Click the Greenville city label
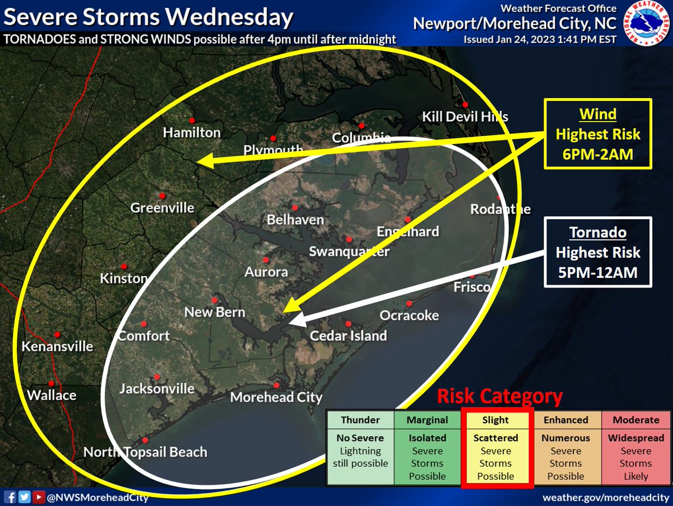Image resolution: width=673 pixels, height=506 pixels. pyautogui.click(x=162, y=208)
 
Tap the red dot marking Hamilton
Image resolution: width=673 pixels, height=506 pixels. pyautogui.click(x=191, y=120)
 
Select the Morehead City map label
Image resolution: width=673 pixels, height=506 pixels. pyautogui.click(x=276, y=397)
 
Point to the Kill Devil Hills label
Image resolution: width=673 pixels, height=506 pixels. pyautogui.click(x=465, y=117)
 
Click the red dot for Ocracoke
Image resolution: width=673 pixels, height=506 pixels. pyautogui.click(x=409, y=303)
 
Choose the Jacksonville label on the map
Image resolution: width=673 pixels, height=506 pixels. pyautogui.click(x=157, y=388)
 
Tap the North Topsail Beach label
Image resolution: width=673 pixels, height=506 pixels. pyautogui.click(x=145, y=452)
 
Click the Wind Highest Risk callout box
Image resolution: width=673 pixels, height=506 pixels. pyautogui.click(x=597, y=134)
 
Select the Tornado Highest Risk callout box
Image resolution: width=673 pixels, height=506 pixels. pyautogui.click(x=597, y=252)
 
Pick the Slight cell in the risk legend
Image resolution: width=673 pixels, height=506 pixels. pyautogui.click(x=496, y=420)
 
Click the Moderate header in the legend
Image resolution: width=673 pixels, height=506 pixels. pyautogui.click(x=636, y=420)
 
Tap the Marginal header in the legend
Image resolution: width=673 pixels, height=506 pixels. pyautogui.click(x=427, y=420)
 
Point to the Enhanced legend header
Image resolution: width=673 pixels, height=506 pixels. pyautogui.click(x=566, y=420)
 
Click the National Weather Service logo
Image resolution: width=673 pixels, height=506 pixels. pyautogui.click(x=648, y=24)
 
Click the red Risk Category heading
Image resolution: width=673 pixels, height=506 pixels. pyautogui.click(x=500, y=397)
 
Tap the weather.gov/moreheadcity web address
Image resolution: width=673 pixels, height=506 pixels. pyautogui.click(x=605, y=498)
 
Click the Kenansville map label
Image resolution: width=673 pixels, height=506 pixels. pyautogui.click(x=57, y=346)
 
